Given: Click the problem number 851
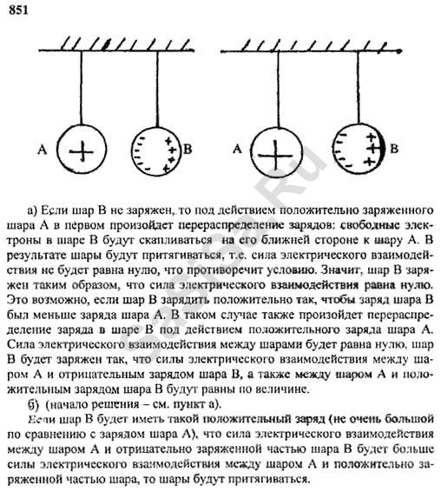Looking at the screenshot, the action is (x=18, y=10).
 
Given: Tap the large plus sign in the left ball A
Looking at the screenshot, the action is (x=82, y=151).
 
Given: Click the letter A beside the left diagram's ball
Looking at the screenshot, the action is (x=43, y=149).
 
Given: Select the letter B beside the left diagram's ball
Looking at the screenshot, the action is (x=188, y=149).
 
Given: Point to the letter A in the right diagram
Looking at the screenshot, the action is (x=238, y=149).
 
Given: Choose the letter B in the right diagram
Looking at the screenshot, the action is (x=394, y=148).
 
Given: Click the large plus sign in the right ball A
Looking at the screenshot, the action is (x=275, y=155).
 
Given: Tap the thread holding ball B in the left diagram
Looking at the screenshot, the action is (x=157, y=90).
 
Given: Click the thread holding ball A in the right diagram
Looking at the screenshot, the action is (x=278, y=90).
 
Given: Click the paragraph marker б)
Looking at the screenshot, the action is (x=33, y=405).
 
